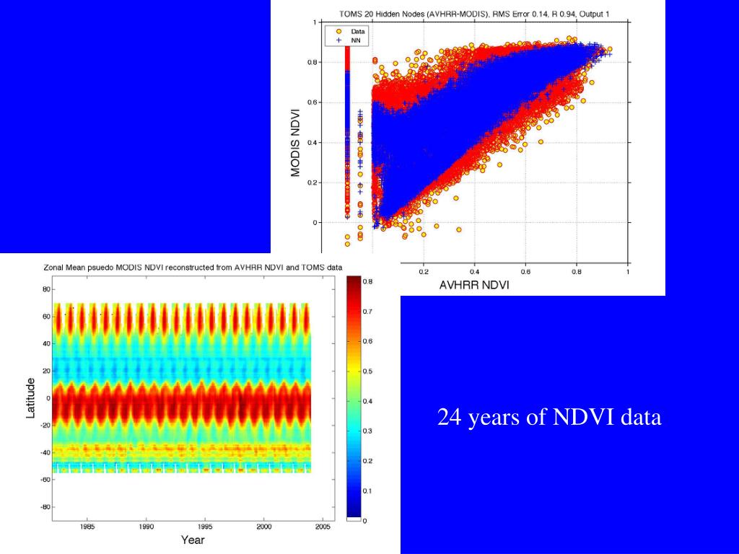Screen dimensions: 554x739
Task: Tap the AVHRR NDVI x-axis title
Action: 474,285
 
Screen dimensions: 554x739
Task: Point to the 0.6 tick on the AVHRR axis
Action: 525,272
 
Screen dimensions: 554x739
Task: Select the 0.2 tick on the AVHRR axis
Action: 423,272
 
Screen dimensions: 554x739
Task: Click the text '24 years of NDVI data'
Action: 549,418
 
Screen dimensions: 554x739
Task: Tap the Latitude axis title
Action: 31,397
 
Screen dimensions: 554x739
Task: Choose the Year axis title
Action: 192,540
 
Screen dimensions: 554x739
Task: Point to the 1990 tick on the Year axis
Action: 147,527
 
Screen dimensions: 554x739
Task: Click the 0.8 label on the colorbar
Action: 367,281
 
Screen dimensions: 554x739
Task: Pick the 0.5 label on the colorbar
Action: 367,371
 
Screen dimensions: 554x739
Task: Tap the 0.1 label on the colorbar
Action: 367,491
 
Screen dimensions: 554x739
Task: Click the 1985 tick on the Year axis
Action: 87,527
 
